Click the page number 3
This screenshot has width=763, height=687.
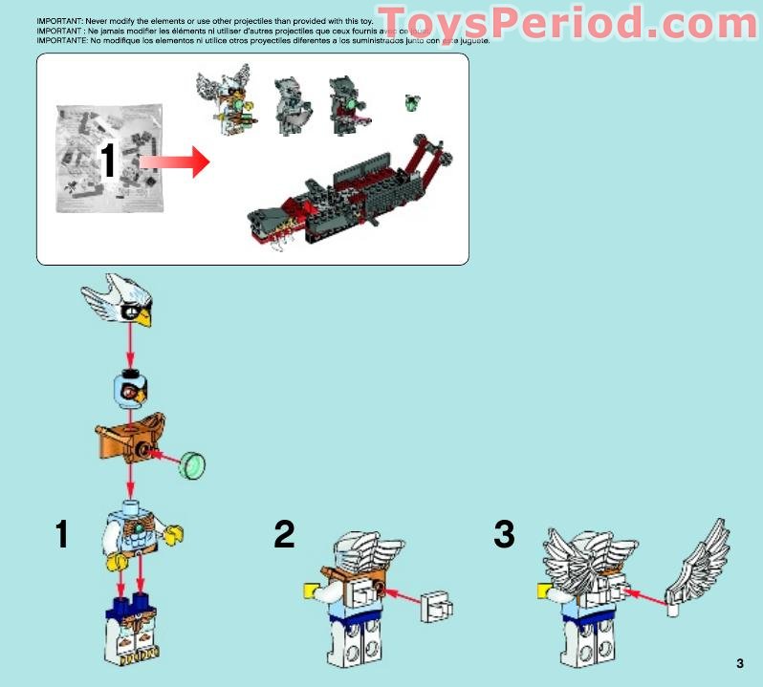click(x=740, y=664)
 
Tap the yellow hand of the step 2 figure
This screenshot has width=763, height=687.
click(x=312, y=590)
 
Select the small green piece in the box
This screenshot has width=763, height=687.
click(x=413, y=101)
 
